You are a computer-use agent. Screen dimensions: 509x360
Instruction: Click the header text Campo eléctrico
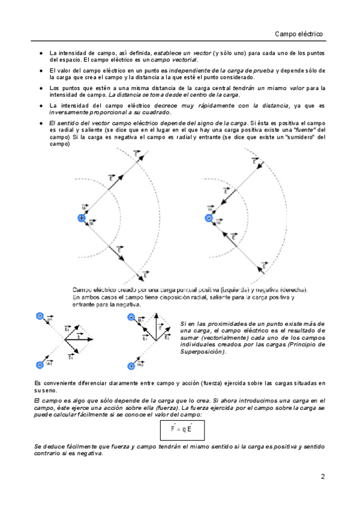click(299, 34)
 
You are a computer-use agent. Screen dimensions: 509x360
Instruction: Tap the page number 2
click(323, 478)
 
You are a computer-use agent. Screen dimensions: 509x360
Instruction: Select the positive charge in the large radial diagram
click(82, 218)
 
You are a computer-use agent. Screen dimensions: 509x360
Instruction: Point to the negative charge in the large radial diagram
click(209, 218)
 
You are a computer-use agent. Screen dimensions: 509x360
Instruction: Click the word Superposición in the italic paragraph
click(202, 352)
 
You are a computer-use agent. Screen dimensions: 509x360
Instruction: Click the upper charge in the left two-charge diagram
click(40, 316)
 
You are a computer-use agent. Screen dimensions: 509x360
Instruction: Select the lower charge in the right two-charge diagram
click(131, 366)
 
